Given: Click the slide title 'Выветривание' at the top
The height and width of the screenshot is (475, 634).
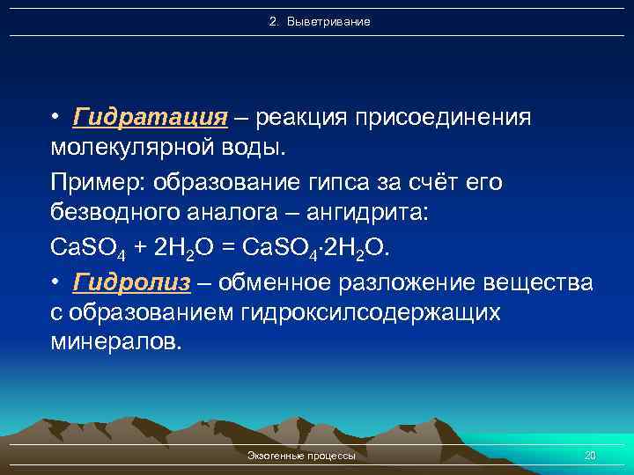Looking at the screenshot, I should click(320, 20).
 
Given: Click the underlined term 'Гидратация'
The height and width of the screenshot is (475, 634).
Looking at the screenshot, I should click(151, 119).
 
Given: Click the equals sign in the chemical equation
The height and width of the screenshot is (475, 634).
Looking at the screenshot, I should click(232, 249).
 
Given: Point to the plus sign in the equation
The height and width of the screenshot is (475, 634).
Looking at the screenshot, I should click(139, 249).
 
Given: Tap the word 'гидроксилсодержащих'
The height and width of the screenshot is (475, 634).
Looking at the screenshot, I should click(369, 314).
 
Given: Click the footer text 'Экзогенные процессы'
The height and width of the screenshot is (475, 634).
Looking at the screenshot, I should click(302, 457).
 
